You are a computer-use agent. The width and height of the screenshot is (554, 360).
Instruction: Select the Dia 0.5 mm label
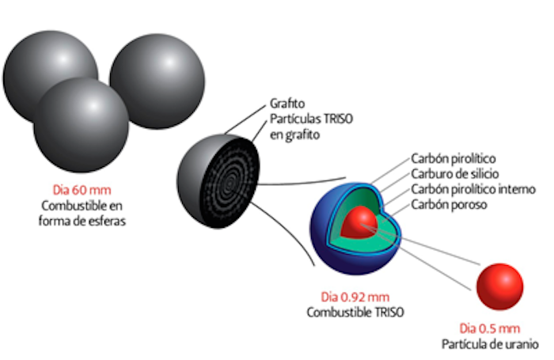[x=490, y=328]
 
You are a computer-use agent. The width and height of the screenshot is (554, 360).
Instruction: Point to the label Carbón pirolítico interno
[x=473, y=190]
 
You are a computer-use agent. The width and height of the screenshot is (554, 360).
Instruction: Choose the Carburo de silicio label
[x=454, y=174]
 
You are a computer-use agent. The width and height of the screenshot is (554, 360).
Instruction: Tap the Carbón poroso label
[x=450, y=206]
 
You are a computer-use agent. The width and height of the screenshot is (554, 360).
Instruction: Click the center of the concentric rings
[x=231, y=183]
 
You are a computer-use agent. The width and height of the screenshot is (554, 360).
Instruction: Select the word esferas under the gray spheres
[x=107, y=220]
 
